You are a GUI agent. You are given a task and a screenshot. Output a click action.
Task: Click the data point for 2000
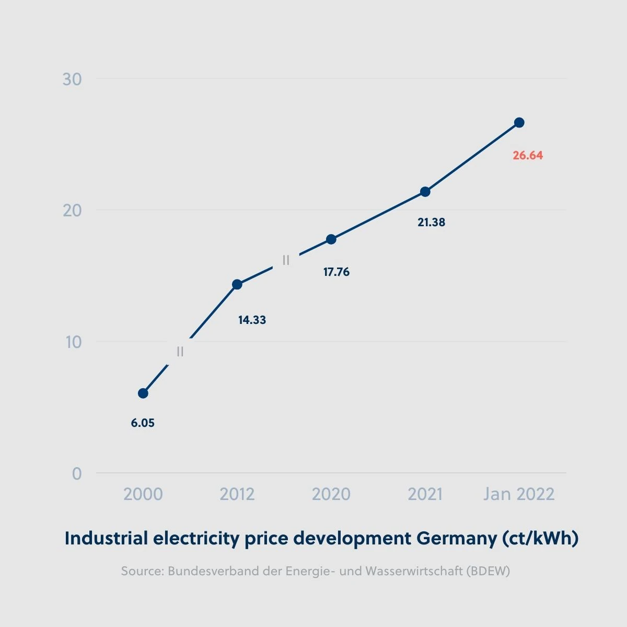click(x=143, y=393)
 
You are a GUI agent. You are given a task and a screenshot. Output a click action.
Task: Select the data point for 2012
click(x=237, y=284)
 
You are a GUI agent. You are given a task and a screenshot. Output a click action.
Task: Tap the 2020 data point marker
click(x=331, y=239)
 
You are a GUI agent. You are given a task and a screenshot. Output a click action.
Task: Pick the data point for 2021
click(x=425, y=192)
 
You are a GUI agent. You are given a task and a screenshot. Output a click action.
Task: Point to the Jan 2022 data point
click(x=519, y=123)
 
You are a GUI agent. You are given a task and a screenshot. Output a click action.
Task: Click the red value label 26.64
click(x=528, y=155)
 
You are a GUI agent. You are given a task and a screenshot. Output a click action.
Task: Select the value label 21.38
click(x=432, y=222)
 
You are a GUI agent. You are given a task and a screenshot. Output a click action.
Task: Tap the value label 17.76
click(x=336, y=272)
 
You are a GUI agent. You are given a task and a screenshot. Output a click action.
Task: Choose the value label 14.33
click(x=252, y=320)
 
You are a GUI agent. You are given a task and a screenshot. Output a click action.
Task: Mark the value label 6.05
click(x=143, y=423)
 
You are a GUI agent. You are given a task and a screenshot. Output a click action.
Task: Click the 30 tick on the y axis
click(x=72, y=79)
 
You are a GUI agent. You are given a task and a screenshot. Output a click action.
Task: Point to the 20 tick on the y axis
click(x=72, y=211)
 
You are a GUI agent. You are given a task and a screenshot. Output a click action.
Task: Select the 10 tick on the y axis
click(x=73, y=342)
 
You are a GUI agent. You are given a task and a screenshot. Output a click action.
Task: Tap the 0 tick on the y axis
click(x=77, y=474)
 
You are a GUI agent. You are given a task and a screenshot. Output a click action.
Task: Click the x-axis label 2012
click(x=237, y=494)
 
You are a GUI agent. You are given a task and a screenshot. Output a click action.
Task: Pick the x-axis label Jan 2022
click(x=519, y=494)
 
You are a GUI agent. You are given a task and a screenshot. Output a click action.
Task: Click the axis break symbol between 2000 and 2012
click(x=180, y=352)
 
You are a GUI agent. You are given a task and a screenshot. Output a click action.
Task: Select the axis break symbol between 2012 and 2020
click(x=286, y=260)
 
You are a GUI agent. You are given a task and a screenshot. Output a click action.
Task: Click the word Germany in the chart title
click(x=457, y=538)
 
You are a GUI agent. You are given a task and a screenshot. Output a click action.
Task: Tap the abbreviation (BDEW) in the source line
click(x=488, y=571)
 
